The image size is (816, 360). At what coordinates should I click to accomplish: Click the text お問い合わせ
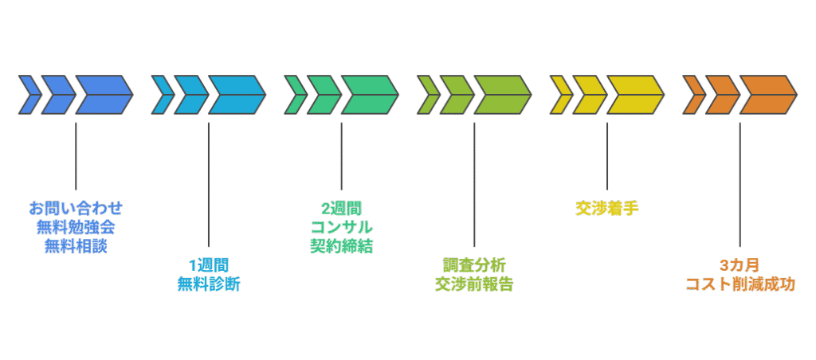pos(76,209)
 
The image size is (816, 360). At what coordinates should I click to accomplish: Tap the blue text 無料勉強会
pos(76,227)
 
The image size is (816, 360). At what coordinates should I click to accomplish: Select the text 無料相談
pos(76,246)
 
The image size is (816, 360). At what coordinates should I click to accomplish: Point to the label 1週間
pos(209,266)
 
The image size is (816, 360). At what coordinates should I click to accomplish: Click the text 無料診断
pos(209,284)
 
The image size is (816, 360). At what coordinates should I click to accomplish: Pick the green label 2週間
pos(341,209)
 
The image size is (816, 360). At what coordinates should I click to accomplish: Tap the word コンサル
pos(341,227)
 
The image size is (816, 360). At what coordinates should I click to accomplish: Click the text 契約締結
pos(341,246)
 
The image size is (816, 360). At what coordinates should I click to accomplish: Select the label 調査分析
pos(474,266)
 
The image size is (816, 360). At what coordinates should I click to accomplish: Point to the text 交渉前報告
pos(474,284)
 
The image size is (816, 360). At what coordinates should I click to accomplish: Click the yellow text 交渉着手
pos(607,209)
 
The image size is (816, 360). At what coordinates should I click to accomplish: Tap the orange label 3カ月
pos(740,266)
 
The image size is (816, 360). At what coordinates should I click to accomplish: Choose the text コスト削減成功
pos(740,284)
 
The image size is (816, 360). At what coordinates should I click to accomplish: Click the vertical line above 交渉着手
pos(607,156)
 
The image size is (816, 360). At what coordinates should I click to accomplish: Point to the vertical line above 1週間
pos(209,185)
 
